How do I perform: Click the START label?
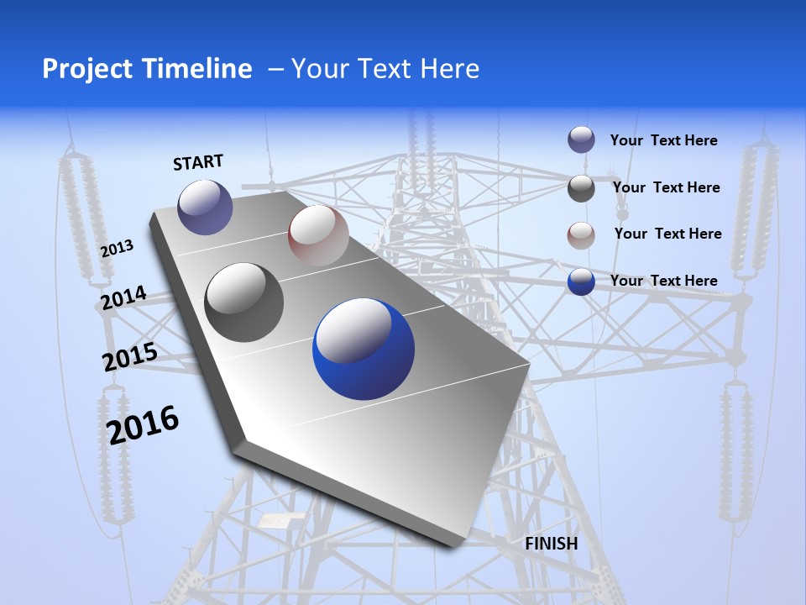coord(198,162)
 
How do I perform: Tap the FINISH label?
coord(551,544)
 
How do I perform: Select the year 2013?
coord(117,249)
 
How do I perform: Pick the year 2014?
coord(123,298)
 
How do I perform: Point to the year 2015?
coord(129,358)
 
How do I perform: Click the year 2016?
coord(143,425)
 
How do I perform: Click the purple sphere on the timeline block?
coord(205,207)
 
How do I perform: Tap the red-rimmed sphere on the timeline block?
coord(318,235)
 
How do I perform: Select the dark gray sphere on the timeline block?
coord(244,302)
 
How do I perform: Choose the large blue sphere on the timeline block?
coord(364,350)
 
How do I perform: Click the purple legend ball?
coord(581,139)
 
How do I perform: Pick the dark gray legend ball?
coord(581,188)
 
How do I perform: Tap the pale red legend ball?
coord(581,234)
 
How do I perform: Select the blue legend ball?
coord(581,281)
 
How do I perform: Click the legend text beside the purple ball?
coord(663,141)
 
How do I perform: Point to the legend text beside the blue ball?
coord(663,281)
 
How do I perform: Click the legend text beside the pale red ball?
coord(667,234)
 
